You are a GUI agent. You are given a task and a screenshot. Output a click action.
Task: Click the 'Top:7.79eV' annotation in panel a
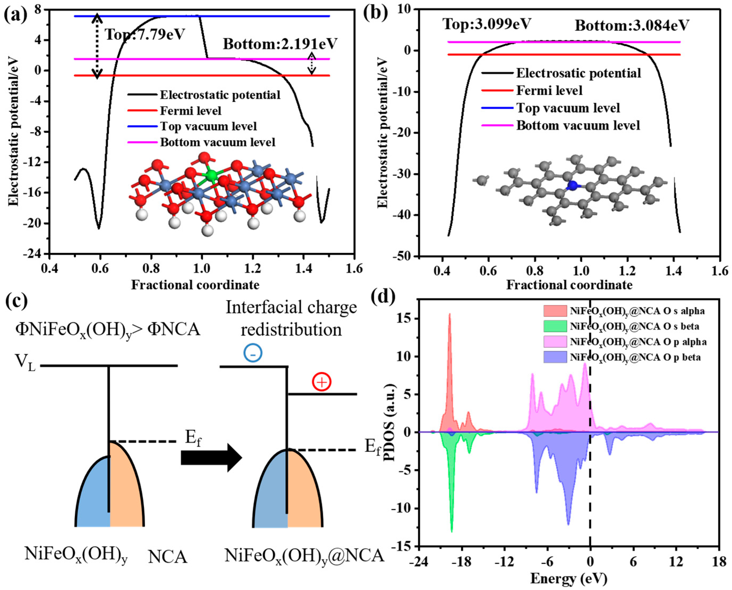coord(144,34)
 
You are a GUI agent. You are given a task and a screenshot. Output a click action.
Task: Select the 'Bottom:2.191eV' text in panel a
coord(280,44)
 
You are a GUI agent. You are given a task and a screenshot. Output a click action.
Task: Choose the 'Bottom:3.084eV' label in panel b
coord(632,25)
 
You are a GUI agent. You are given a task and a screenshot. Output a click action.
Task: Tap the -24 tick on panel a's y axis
coord(33,254)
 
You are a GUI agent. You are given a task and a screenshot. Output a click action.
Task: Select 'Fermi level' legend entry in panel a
coord(190,111)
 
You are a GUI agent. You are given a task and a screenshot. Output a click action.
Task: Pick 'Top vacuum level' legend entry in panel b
coord(568,108)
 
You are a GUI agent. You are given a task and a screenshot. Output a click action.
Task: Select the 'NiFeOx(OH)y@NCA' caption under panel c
coord(304,556)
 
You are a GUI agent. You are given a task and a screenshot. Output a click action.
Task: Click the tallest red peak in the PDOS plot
coord(450,314)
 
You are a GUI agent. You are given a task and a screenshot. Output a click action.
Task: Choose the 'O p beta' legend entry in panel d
coord(635,357)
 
